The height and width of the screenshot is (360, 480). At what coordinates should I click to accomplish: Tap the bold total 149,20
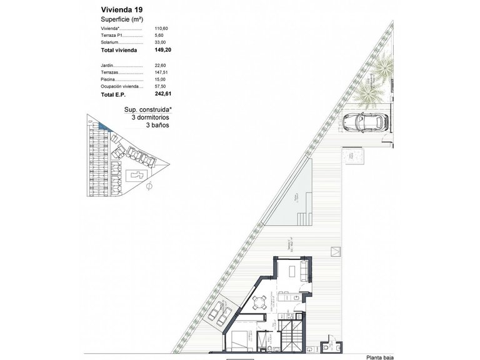[162, 50]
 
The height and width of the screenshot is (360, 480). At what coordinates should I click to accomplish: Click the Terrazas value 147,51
[162, 72]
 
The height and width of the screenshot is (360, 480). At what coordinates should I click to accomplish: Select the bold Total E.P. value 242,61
[162, 94]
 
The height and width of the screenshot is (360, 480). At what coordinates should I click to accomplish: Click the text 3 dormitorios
[151, 117]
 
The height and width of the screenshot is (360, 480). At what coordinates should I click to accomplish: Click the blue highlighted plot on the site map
[104, 126]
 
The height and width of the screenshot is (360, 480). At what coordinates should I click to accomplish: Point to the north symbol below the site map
[148, 186]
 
